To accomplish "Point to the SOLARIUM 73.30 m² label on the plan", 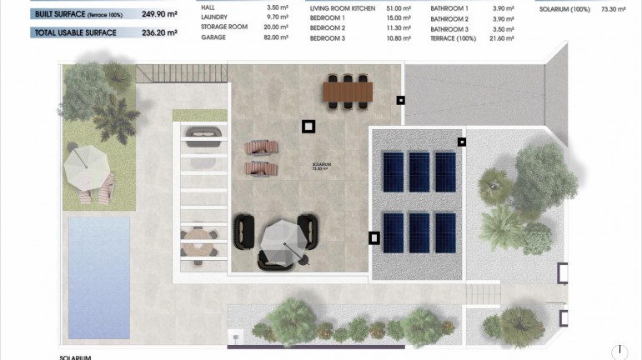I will (x=322, y=166).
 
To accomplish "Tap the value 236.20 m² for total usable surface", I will (x=159, y=33).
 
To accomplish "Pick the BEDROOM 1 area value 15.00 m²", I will (x=398, y=17).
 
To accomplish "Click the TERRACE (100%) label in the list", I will (x=452, y=38).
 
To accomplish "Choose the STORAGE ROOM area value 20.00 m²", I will (x=273, y=27).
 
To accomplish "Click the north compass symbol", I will (x=620, y=352).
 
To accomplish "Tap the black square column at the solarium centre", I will (x=308, y=127).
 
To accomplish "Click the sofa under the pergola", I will (x=202, y=135).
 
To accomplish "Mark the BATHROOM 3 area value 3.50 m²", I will (x=504, y=27).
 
